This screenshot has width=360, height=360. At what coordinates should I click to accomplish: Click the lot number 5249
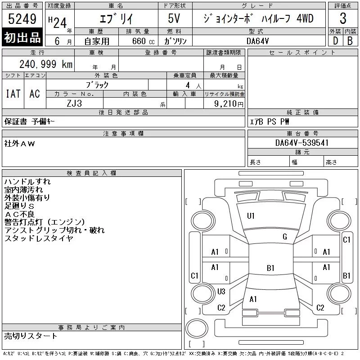(22, 19)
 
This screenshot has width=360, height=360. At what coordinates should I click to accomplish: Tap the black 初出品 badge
(22, 37)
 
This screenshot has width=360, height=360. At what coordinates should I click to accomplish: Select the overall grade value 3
(343, 18)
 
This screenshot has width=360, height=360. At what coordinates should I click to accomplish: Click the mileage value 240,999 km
(46, 64)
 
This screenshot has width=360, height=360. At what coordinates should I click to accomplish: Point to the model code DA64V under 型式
(257, 41)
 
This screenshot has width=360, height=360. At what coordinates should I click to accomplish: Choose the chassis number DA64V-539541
(302, 143)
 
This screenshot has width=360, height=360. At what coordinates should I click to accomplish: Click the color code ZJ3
(74, 103)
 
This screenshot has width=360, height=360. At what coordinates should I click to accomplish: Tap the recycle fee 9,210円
(229, 104)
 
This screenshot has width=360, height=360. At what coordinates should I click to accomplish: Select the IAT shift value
(13, 94)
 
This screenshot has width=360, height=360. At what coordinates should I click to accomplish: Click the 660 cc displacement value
(143, 41)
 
